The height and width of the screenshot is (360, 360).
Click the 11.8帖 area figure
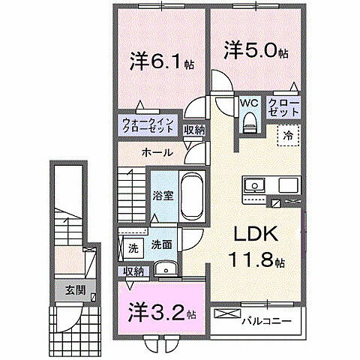tap(257, 262)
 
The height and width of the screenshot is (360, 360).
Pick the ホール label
tap(157, 153)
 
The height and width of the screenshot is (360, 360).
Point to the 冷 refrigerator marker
tap(288, 136)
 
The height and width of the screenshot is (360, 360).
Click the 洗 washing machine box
tap(133, 247)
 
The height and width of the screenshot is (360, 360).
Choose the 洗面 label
tap(161, 244)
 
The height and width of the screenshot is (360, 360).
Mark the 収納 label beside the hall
tap(194, 130)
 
